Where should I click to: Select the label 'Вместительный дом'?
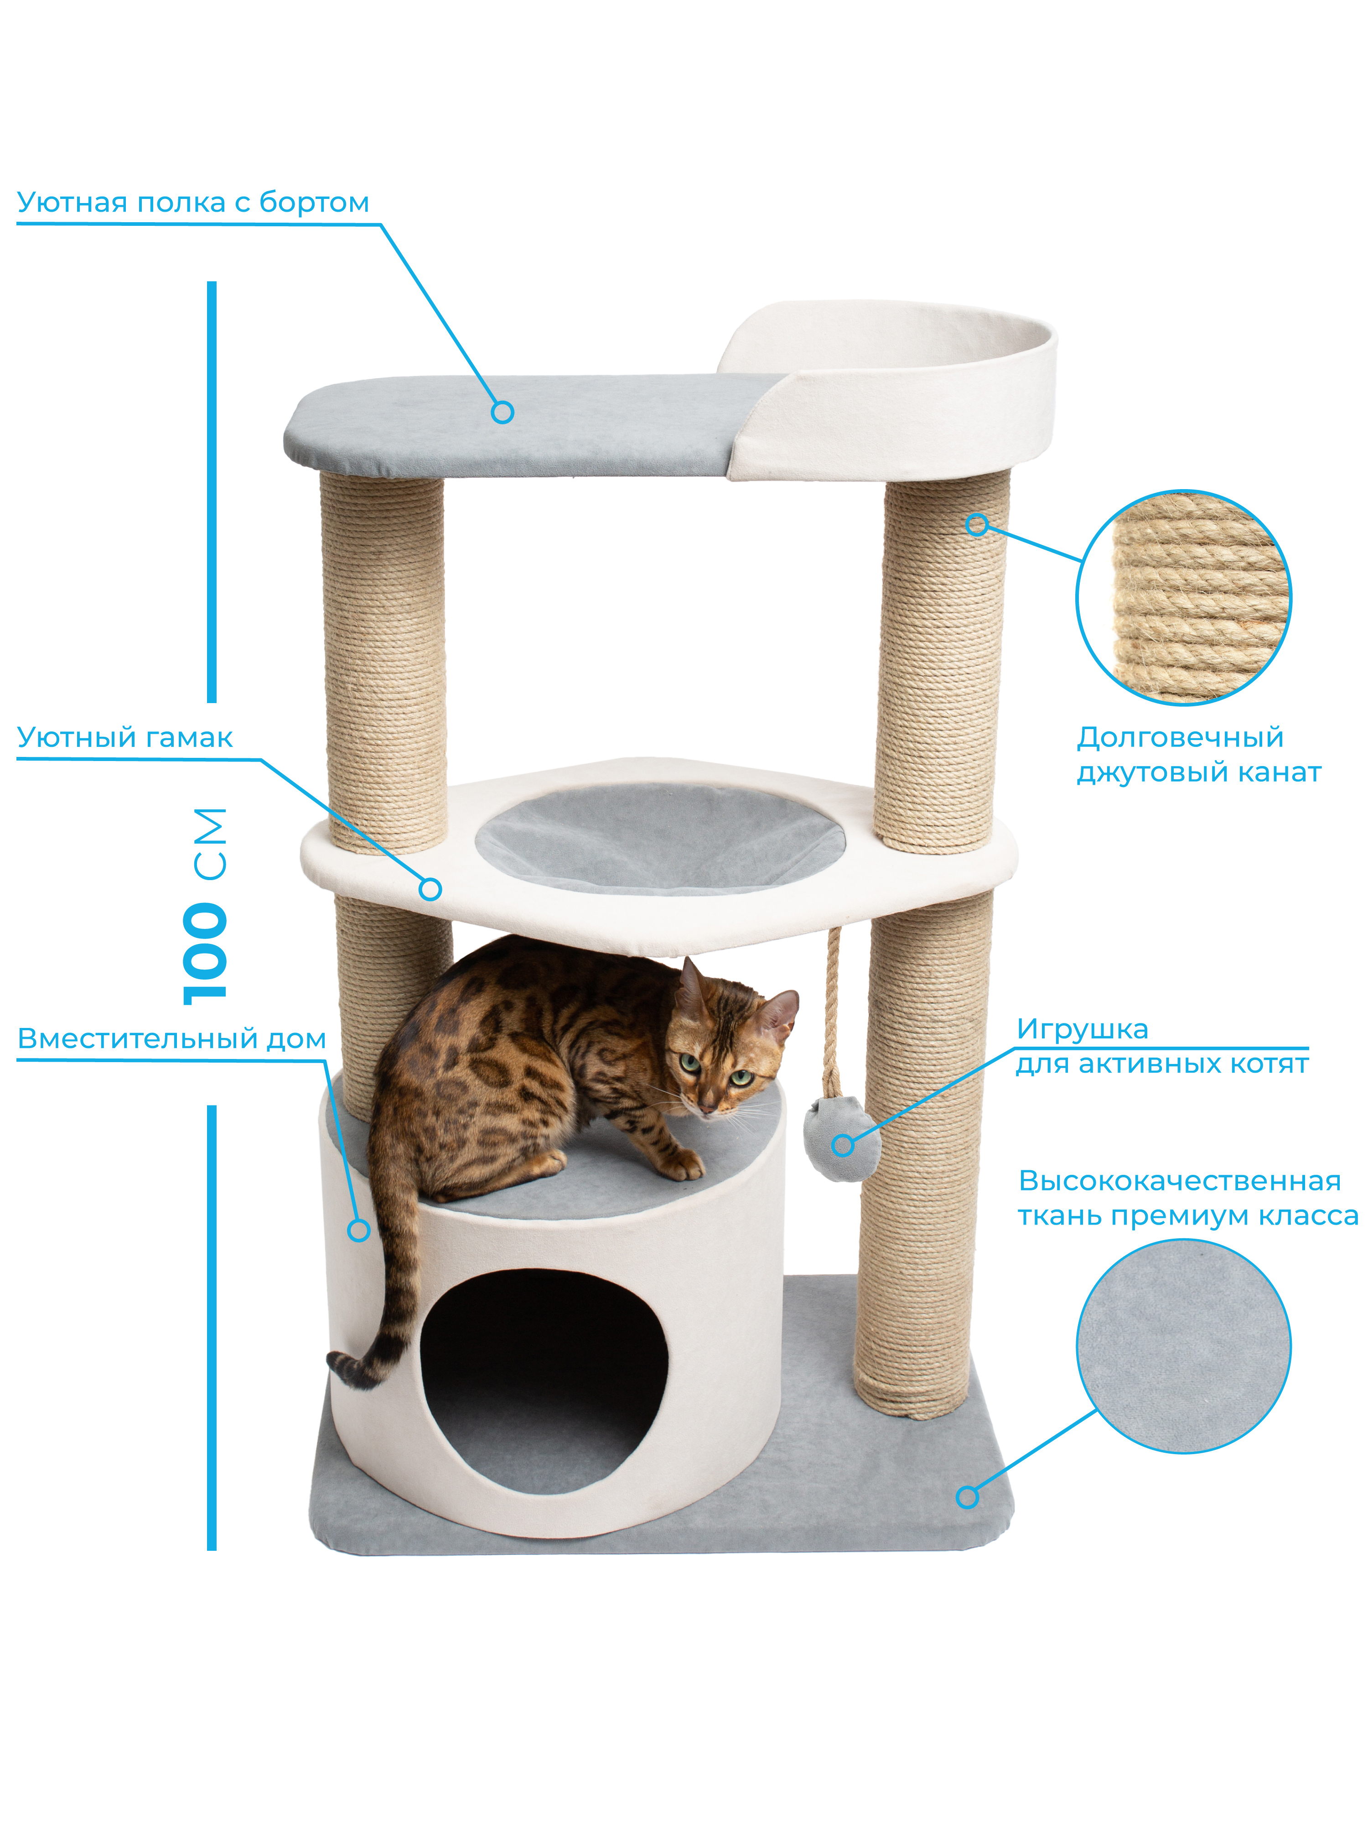(x=171, y=1039)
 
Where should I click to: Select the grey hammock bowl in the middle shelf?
(x=660, y=837)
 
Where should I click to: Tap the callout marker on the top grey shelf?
(x=502, y=412)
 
